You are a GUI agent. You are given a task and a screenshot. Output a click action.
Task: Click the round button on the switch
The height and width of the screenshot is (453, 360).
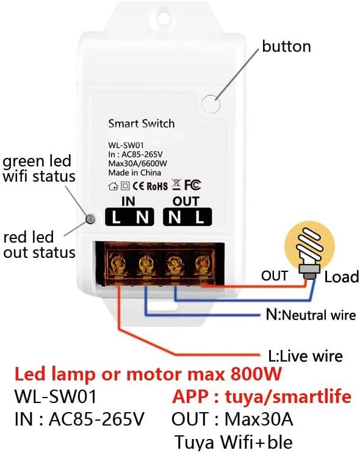point(211,104)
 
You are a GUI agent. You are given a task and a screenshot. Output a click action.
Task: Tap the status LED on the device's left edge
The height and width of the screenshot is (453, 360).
point(90,219)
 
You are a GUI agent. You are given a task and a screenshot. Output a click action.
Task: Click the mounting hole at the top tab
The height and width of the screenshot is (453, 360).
point(163,15)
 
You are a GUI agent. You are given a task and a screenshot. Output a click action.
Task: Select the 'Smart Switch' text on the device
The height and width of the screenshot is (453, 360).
point(142,124)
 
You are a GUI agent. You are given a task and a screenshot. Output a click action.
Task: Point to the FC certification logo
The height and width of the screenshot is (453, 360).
point(193,185)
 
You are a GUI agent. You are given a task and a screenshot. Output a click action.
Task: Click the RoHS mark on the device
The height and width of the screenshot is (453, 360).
point(157,186)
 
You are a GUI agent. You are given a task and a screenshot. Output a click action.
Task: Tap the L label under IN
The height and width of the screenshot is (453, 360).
point(117,217)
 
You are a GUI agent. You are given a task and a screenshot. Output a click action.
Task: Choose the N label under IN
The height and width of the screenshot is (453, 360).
point(143,217)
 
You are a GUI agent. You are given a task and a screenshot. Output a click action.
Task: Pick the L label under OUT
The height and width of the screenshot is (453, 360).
point(200,217)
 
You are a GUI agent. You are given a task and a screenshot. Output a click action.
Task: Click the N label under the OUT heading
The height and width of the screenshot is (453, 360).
point(175,217)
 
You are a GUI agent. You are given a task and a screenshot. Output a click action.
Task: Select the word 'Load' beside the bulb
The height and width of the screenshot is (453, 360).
point(342,277)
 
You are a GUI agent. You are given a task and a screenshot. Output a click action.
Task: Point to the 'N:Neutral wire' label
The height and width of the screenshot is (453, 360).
point(311,315)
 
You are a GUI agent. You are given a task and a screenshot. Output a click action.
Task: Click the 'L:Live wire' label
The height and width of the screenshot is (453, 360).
point(305,355)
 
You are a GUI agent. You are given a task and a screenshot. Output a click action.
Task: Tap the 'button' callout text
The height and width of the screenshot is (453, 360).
point(286,46)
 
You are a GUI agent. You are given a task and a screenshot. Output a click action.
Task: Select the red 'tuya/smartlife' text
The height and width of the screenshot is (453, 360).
point(288,396)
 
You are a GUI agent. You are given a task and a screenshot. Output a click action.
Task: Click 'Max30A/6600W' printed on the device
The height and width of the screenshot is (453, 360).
point(138,163)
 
